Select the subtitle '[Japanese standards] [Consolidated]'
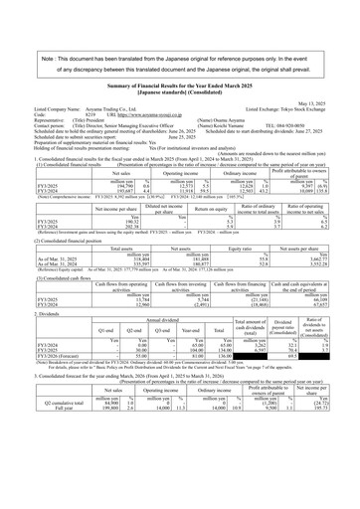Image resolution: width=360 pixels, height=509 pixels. coord(179,90)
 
